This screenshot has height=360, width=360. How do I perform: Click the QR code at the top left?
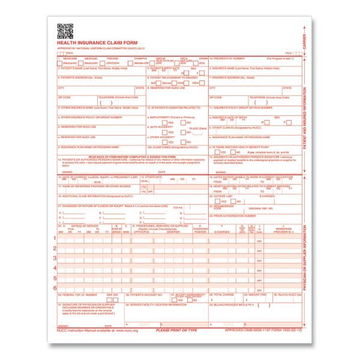pyautogui.click(x=65, y=30)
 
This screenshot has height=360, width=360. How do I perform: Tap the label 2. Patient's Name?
pyautogui.click(x=78, y=68)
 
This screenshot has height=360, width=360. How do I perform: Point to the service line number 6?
pyautogui.click(x=55, y=289)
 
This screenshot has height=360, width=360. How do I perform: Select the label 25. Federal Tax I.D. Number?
pyautogui.click(x=74, y=295)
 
